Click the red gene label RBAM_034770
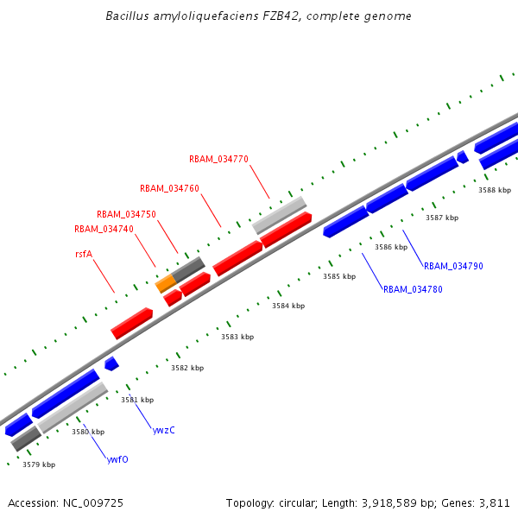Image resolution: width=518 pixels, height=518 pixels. coord(218,159)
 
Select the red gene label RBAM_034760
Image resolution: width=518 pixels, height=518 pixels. coord(169,188)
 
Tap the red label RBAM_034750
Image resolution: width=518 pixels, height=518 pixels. coord(126,214)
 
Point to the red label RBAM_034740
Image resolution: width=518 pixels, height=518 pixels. coord(104,229)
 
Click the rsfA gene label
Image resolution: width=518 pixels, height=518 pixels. coord(84,255)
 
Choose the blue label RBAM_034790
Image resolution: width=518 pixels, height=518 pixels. coord(452,266)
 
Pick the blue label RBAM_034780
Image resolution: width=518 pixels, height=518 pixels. coord(413,289)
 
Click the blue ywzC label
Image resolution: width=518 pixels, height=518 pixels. coord(163,430)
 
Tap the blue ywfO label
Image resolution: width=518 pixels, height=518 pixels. coord(117,459)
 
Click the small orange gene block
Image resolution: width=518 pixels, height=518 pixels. coord(166,283)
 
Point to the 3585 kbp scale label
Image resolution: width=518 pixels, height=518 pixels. coord(339,276)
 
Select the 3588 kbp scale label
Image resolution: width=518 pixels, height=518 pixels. coord(495,190)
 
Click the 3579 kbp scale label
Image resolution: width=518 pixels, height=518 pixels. coord(39,464)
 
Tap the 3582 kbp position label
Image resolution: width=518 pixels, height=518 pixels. coord(187,368)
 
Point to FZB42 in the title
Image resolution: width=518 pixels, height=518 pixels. coord(260,16)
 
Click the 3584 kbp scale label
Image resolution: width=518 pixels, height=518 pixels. coord(288,306)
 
